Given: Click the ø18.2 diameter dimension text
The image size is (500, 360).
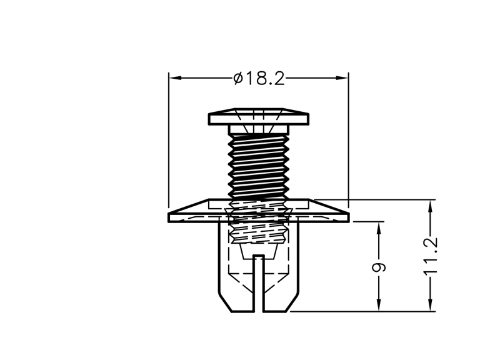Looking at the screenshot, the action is (x=259, y=79).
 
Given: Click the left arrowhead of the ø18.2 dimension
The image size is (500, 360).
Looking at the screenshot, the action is (x=175, y=77).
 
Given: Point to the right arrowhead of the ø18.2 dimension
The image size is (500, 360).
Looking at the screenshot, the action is (x=342, y=77).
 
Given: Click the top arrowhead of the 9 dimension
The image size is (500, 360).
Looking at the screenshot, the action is (x=379, y=227).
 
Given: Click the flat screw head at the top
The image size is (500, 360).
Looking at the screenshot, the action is (x=259, y=116).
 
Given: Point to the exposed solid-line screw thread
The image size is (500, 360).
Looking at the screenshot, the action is (x=259, y=166).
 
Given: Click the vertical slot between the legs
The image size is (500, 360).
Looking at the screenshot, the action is (x=259, y=284).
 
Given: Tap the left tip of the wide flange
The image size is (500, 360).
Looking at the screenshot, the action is (x=168, y=214).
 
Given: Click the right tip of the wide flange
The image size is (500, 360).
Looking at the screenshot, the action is (x=349, y=214).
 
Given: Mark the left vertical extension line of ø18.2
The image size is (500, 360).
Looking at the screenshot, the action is (x=169, y=139).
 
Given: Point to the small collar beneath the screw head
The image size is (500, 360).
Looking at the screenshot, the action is (x=259, y=129).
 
